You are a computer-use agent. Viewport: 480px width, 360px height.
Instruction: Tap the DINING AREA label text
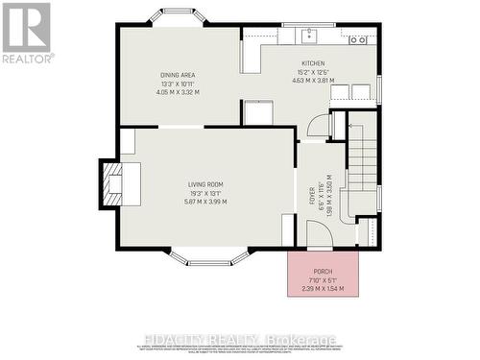tap(179, 74)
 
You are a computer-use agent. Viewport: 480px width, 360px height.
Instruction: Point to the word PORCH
tap(323, 271)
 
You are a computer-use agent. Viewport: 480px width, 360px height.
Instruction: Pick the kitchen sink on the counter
tap(309, 37)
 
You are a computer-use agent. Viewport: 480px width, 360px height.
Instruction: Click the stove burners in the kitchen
tap(358, 39)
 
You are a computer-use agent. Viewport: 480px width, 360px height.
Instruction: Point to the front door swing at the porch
tap(318, 237)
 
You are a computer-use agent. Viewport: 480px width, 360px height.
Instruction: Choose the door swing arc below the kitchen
tap(318, 128)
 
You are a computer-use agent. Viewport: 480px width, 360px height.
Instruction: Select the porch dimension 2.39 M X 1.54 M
tap(323, 288)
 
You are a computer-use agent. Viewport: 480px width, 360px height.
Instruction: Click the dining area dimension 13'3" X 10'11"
tap(179, 84)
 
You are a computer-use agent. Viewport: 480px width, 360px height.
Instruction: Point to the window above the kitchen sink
tap(309, 25)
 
